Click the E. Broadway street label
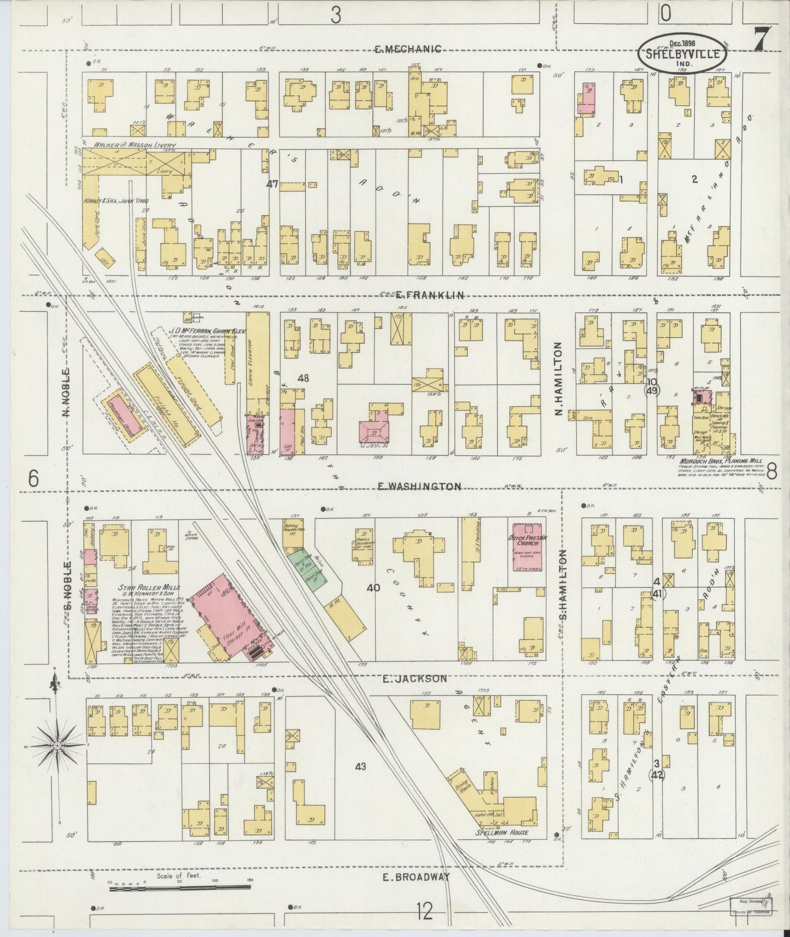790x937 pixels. [x=417, y=876]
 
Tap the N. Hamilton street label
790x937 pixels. [x=559, y=378]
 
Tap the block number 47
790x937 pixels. [x=272, y=184]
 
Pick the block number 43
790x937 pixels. [x=360, y=766]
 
